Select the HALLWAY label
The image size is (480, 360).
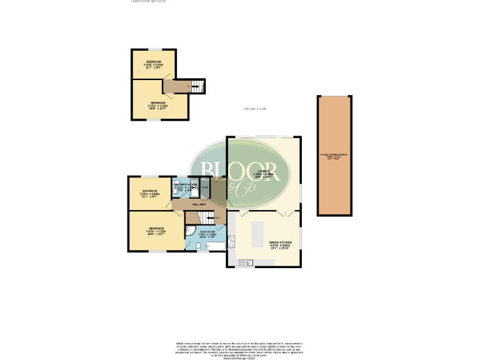(199, 204)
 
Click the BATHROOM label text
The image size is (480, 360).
(207, 232)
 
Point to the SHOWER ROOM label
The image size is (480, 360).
(186, 185)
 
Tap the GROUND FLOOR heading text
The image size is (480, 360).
(254, 109)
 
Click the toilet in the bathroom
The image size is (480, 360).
(198, 246)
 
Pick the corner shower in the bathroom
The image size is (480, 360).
(189, 230)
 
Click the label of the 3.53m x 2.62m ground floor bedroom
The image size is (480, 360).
(149, 192)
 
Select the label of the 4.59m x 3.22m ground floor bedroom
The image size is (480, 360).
(155, 230)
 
